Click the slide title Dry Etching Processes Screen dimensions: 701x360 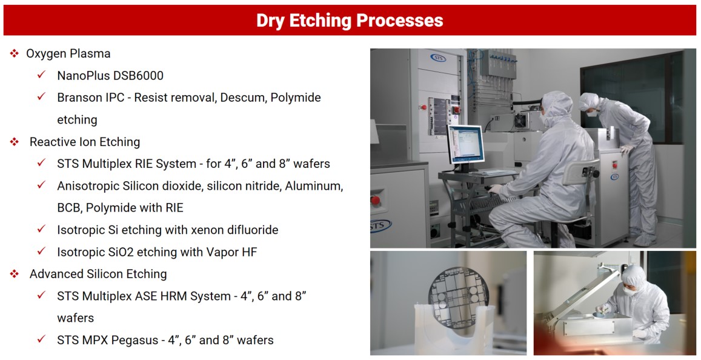(x=350, y=20)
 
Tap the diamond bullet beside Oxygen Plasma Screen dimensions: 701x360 (x=15, y=54)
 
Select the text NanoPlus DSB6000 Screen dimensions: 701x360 (x=110, y=76)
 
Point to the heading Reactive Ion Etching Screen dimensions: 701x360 (x=84, y=142)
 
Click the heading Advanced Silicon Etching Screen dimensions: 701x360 (x=98, y=274)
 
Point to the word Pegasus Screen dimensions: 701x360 (x=136, y=341)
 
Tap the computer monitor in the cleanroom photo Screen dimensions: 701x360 (x=466, y=144)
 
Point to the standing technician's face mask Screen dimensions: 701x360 (x=591, y=113)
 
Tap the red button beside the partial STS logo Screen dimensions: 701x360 (x=376, y=200)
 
